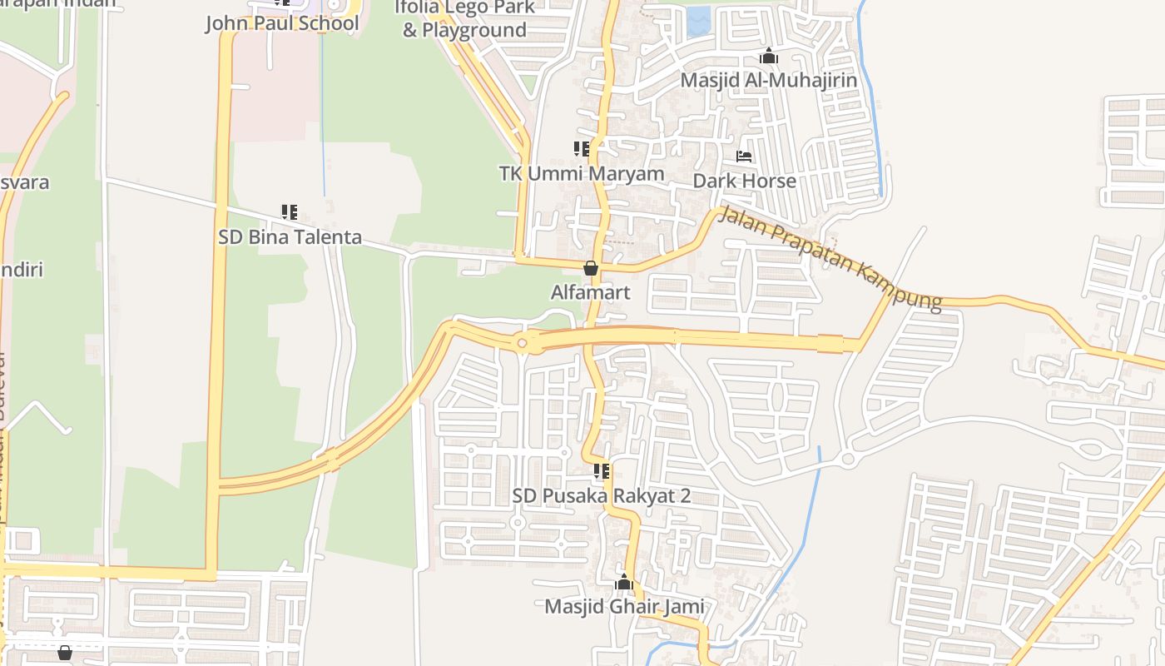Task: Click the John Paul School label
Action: [x=282, y=22]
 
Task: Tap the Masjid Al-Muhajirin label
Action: [x=768, y=80]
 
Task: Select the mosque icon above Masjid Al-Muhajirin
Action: [x=769, y=56]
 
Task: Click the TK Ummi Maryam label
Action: [x=582, y=173]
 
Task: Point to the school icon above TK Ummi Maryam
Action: [x=582, y=149]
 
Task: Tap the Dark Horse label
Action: [x=744, y=181]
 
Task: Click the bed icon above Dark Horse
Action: [x=744, y=156]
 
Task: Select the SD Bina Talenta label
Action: [x=290, y=237]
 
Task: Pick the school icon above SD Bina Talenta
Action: [x=290, y=212]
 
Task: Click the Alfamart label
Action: [x=591, y=292]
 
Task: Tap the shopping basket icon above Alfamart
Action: [x=591, y=268]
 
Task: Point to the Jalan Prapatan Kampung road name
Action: [x=830, y=257]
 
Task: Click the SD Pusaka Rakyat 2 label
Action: [x=602, y=495]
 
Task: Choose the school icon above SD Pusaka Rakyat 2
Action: [x=602, y=472]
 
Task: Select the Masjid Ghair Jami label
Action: [x=624, y=607]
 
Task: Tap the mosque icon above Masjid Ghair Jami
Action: [x=624, y=582]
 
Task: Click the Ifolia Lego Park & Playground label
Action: [x=464, y=20]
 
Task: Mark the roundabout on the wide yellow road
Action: [x=523, y=342]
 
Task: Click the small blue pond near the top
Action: [x=699, y=22]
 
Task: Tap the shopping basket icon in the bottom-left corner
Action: [x=65, y=653]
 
